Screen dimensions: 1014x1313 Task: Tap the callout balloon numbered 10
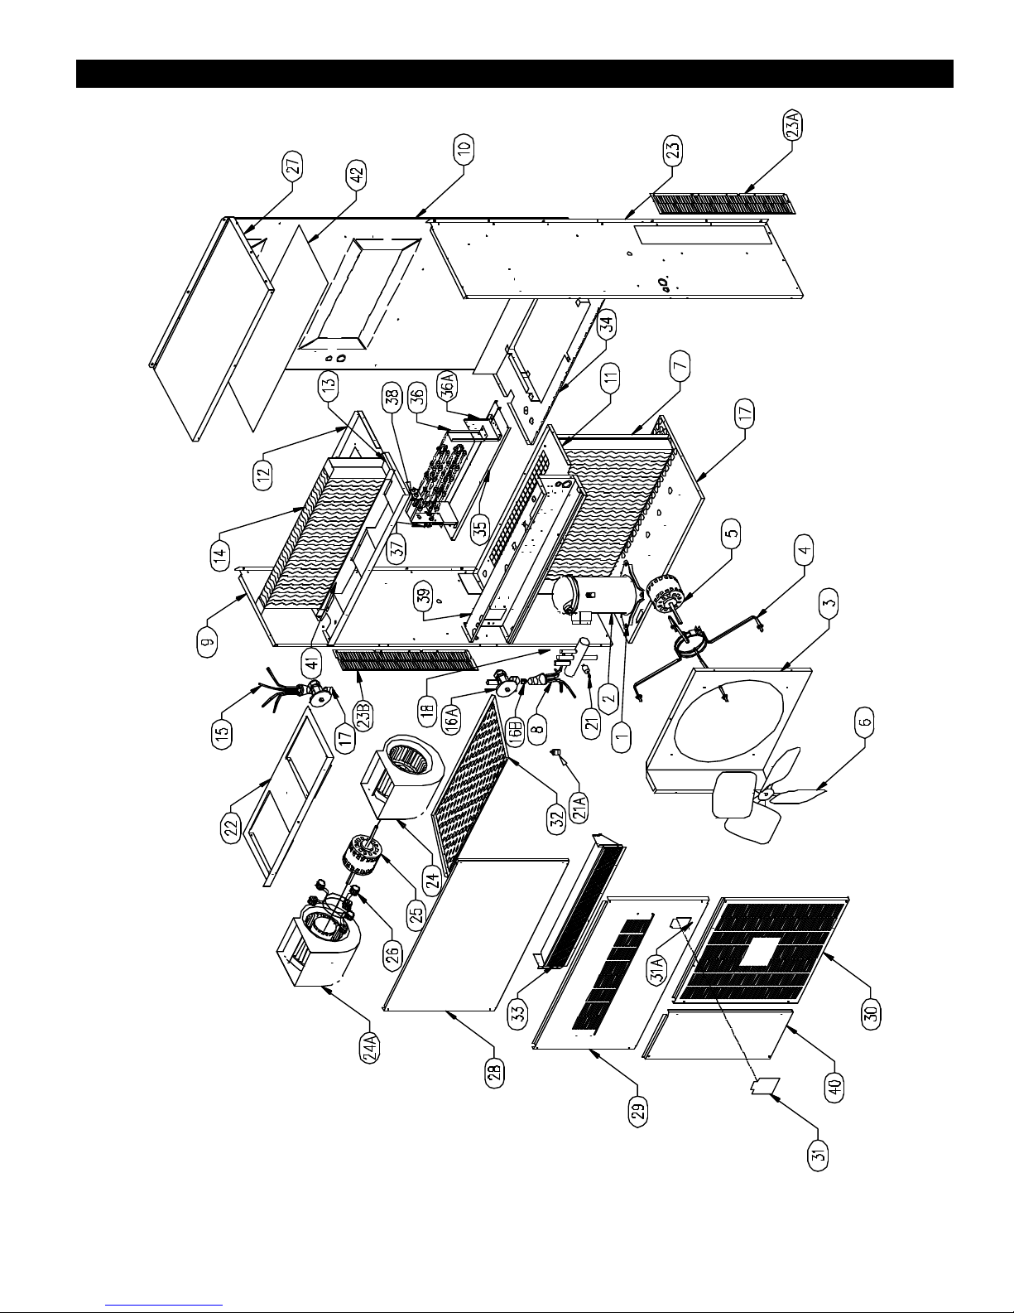point(464,149)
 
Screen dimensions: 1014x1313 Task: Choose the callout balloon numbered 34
point(607,326)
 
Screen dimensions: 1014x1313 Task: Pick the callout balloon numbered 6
point(865,722)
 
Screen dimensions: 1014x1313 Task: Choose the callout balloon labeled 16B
point(515,729)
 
